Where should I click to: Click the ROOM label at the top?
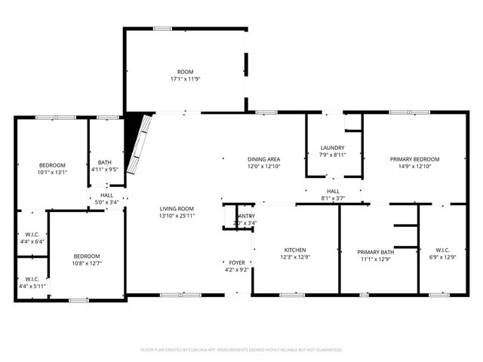pos(185,72)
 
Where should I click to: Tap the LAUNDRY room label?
pos(332,148)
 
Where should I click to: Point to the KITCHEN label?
pos(294,250)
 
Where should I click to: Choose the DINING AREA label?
pos(264,159)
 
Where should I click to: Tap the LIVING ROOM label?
pos(177,209)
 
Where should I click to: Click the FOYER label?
pos(236,263)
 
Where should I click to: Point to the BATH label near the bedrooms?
pos(104,162)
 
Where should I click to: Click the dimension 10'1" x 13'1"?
pos(53,172)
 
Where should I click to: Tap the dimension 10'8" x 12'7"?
pos(86,263)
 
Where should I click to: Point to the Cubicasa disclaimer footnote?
pos(241,350)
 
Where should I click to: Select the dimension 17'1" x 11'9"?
pos(185,78)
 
